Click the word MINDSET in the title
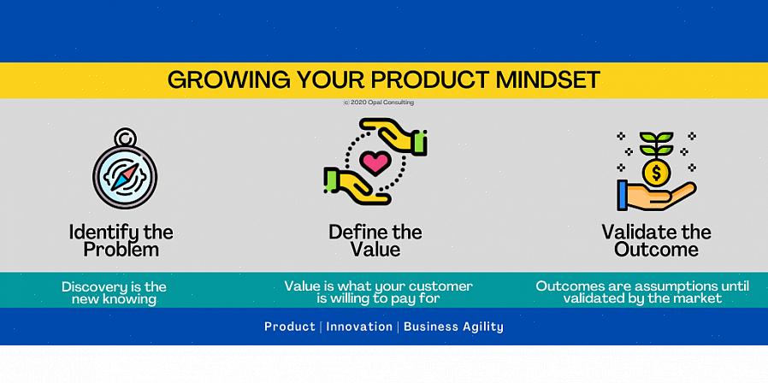(x=547, y=80)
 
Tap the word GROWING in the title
(x=228, y=80)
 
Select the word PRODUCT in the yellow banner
(x=429, y=80)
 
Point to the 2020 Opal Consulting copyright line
(x=379, y=103)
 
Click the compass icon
(x=125, y=168)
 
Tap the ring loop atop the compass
(x=125, y=137)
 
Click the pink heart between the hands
(x=375, y=162)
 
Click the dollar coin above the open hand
(x=656, y=173)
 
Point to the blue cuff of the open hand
(x=623, y=196)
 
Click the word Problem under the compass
(x=121, y=250)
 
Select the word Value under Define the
(x=375, y=250)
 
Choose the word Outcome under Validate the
(x=656, y=250)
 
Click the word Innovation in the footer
(x=359, y=327)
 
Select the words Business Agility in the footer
(x=453, y=327)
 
